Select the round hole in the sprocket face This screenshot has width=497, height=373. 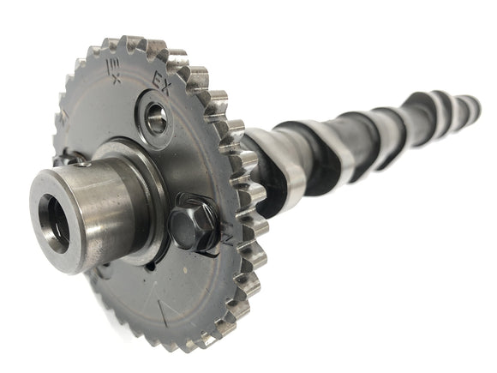click(x=156, y=121)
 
